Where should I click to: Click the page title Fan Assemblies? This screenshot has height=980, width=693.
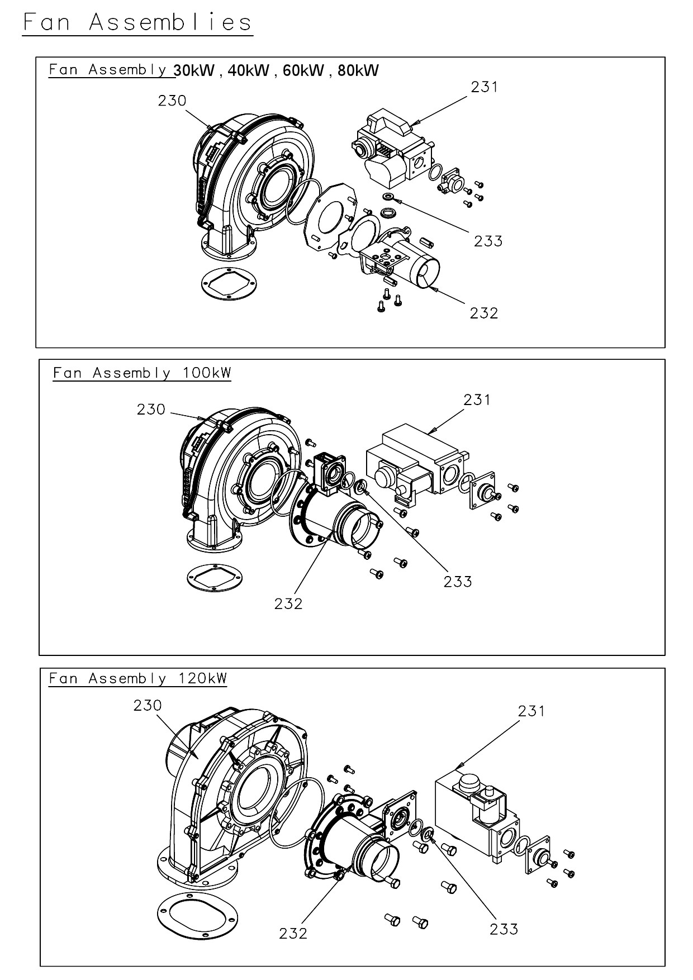137,22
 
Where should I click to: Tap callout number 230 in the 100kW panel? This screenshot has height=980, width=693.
151,410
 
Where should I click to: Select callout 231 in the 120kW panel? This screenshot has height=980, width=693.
531,711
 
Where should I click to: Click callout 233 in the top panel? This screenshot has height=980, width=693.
488,241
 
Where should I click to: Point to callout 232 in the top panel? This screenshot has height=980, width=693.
483,313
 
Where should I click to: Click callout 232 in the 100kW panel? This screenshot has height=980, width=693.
288,603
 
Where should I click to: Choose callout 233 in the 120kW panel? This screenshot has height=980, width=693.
504,929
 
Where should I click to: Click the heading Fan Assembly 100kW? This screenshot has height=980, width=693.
142,373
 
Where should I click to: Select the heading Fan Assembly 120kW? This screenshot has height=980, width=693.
138,678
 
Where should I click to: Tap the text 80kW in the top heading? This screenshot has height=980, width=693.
358,70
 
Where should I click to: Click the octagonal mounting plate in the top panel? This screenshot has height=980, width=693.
330,212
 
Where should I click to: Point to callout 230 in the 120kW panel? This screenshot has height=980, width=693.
148,705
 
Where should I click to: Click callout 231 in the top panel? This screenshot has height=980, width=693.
484,87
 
